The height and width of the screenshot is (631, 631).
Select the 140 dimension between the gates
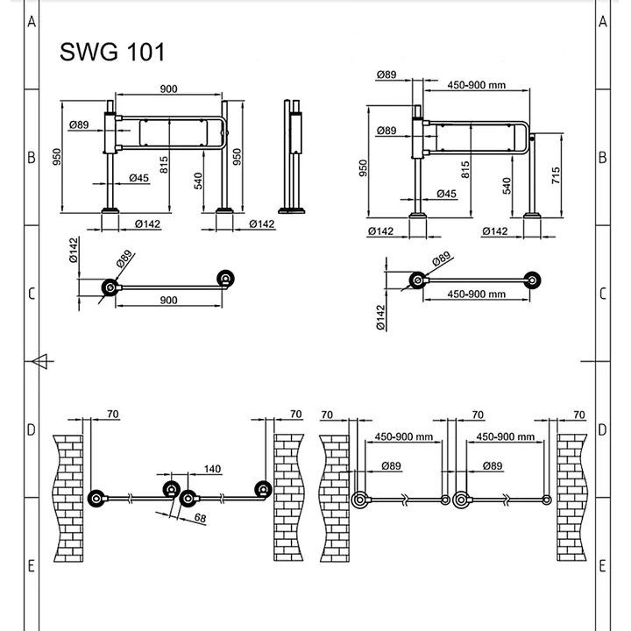pyautogui.click(x=212, y=469)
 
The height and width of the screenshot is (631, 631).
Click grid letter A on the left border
pyautogui.click(x=31, y=22)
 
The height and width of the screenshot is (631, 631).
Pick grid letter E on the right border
pyautogui.click(x=602, y=566)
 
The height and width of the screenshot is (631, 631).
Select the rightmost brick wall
pyautogui.click(x=571, y=497)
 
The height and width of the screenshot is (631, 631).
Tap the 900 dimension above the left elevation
pyautogui.click(x=170, y=89)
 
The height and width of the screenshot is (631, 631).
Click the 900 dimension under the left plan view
pyautogui.click(x=170, y=300)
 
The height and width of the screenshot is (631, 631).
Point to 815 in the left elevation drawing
pyautogui.click(x=164, y=162)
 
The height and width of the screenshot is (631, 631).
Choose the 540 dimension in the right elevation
pyautogui.click(x=507, y=185)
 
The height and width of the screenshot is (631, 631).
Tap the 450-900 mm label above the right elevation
pyautogui.click(x=477, y=85)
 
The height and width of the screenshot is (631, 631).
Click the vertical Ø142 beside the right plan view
pyautogui.click(x=381, y=317)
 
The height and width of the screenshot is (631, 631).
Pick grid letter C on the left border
pyautogui.click(x=31, y=294)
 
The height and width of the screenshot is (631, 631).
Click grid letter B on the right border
pyautogui.click(x=602, y=158)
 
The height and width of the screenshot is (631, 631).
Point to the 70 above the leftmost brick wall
pyautogui.click(x=112, y=414)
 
